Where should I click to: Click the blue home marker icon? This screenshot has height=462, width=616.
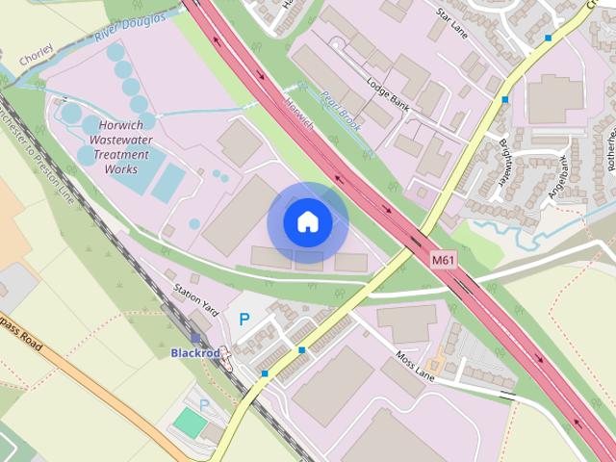[x=307, y=222]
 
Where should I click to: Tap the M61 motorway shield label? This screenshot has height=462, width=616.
[x=443, y=259]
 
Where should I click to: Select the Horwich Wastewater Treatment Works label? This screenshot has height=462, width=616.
[x=120, y=147]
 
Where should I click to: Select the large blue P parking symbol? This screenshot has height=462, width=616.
[x=244, y=319]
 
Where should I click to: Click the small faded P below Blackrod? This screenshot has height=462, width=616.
[x=203, y=404]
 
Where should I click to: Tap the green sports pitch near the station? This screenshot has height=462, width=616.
[x=191, y=423]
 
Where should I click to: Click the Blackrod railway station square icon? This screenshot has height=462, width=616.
[x=195, y=339]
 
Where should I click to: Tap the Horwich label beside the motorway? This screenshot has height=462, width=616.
[x=299, y=113]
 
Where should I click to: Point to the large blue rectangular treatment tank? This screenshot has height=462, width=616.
[x=167, y=182]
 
